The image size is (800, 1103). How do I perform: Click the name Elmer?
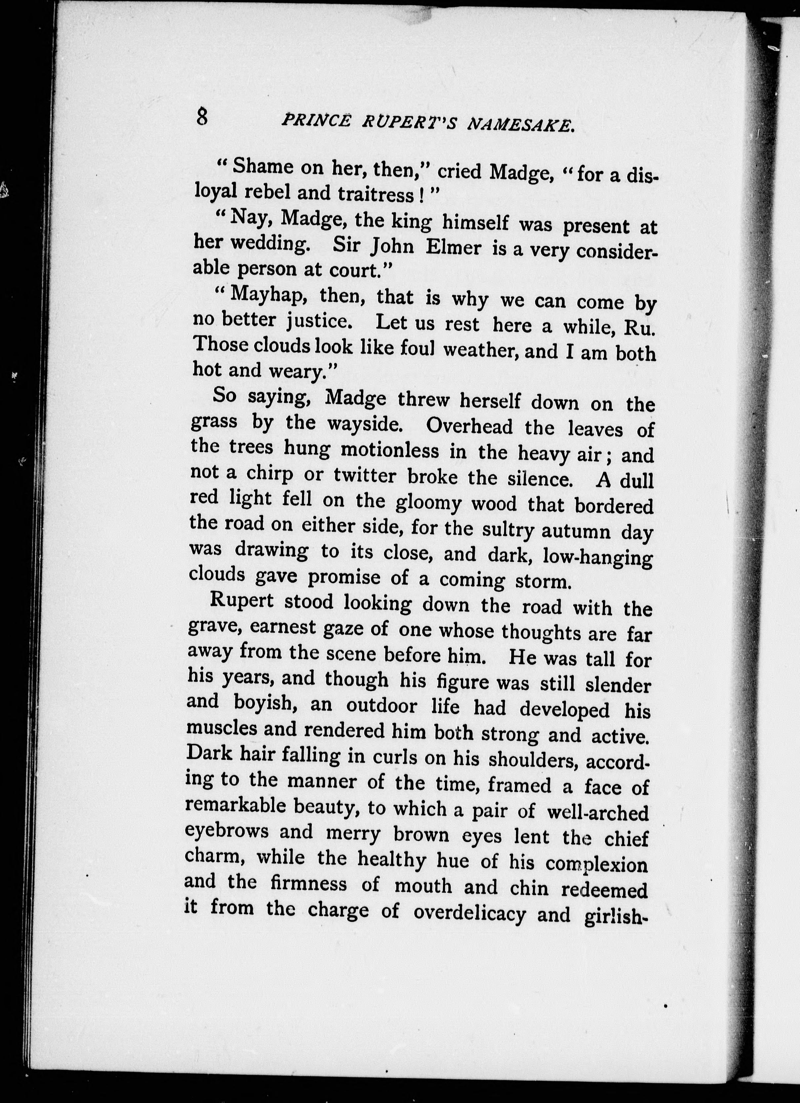[x=453, y=248]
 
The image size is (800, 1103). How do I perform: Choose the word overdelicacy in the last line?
[x=469, y=913]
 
